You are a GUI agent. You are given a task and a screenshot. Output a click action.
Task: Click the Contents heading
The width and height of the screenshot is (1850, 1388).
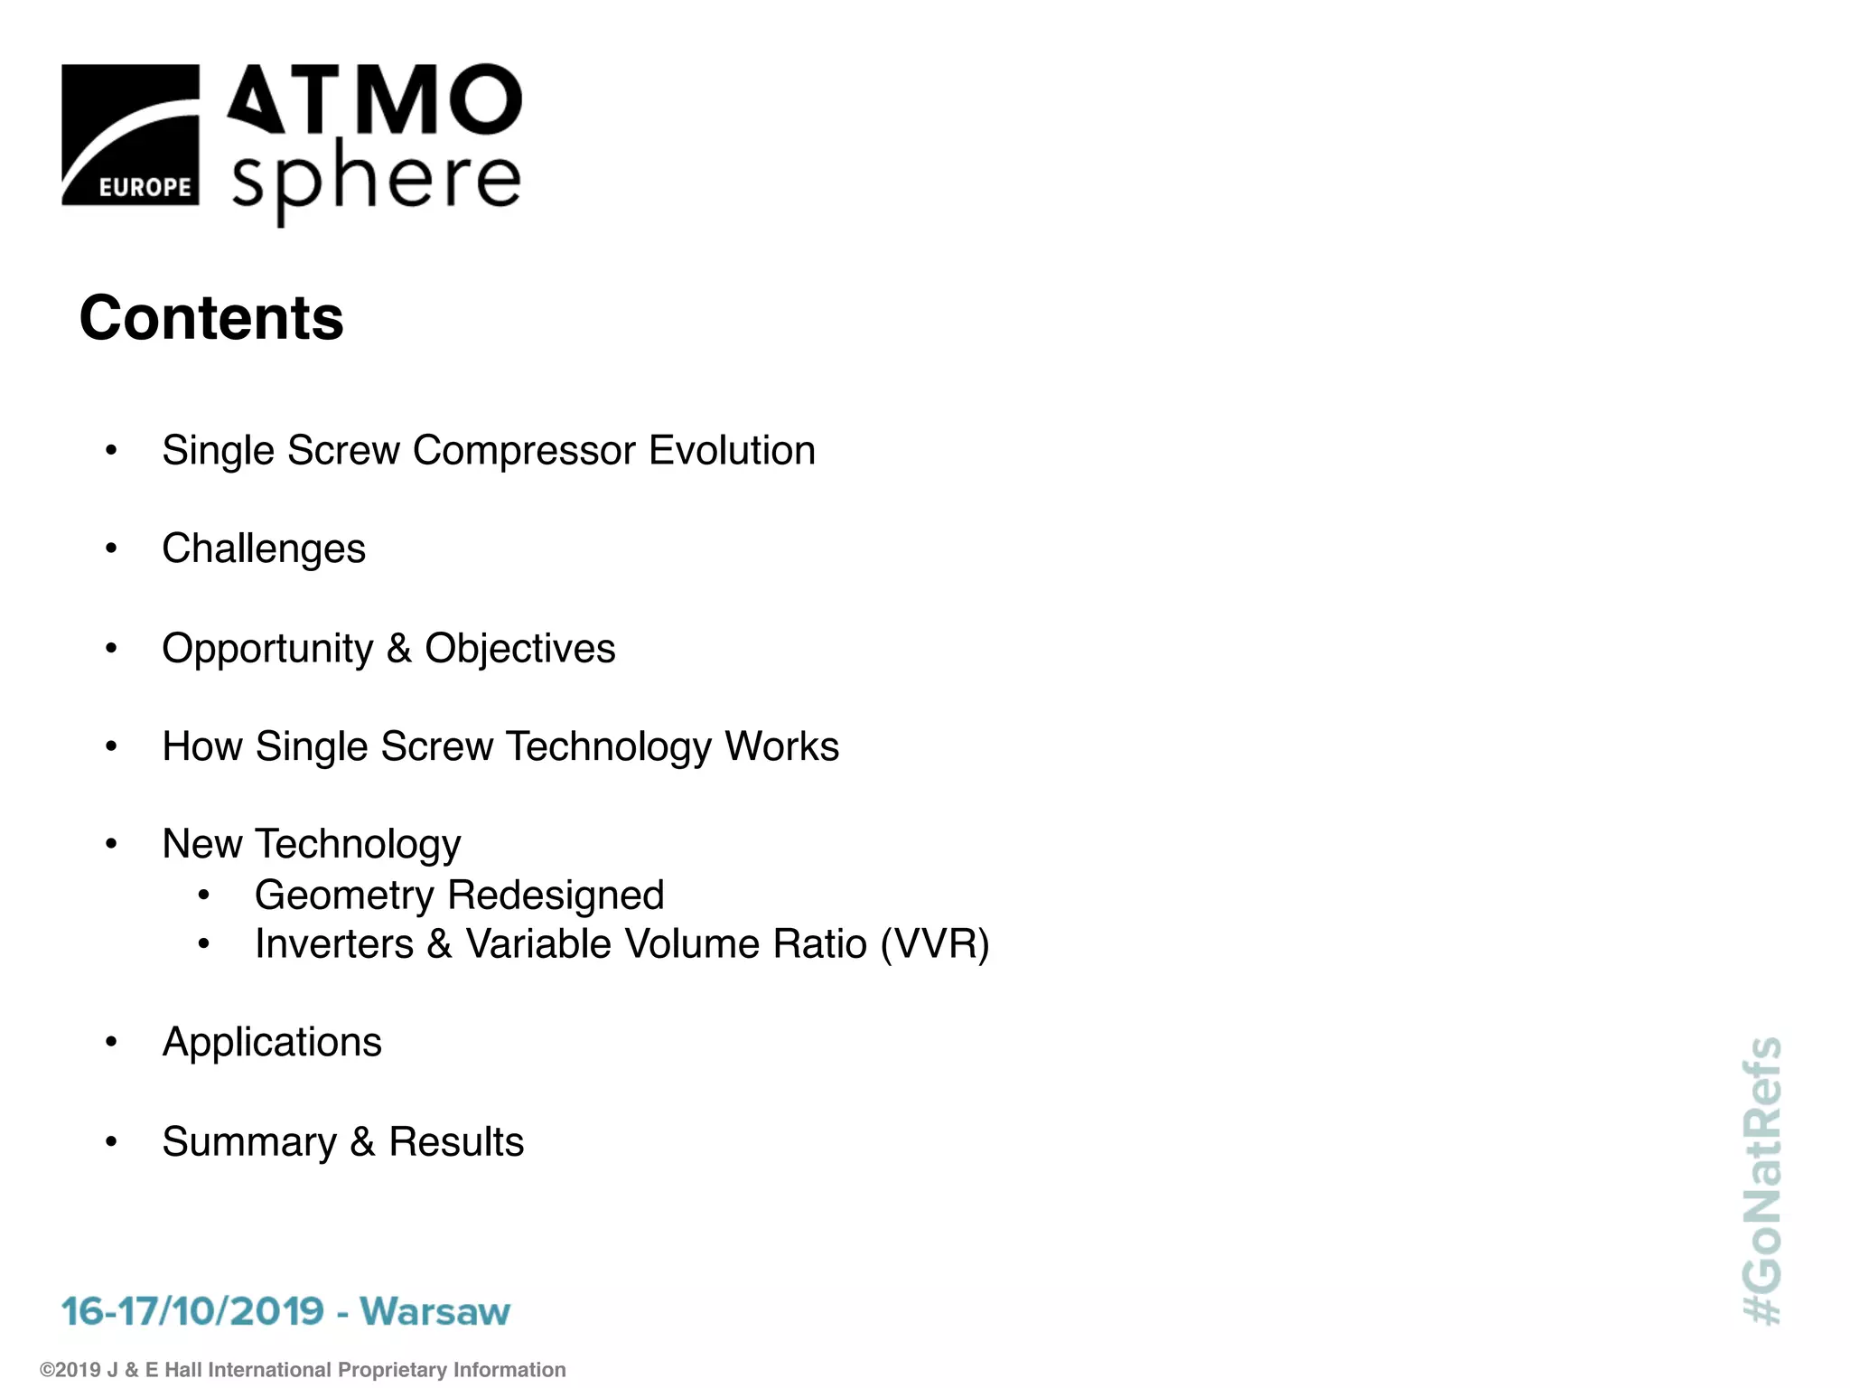(211, 318)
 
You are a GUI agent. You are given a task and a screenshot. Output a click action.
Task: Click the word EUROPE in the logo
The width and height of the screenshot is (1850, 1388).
(145, 187)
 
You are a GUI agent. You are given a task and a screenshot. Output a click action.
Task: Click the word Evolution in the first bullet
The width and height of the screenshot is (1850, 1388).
(732, 450)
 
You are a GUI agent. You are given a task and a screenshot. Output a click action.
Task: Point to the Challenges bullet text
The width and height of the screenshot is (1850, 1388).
(264, 549)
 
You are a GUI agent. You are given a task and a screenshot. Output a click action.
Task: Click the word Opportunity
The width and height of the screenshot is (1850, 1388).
(267, 649)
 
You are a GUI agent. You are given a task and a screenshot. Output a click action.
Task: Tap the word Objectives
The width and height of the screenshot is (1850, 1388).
(520, 649)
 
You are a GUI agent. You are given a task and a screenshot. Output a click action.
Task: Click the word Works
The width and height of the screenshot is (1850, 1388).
(782, 746)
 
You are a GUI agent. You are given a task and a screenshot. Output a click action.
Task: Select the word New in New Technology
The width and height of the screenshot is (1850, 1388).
(202, 844)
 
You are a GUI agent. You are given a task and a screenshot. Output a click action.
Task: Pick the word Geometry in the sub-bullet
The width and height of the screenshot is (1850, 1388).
(344, 896)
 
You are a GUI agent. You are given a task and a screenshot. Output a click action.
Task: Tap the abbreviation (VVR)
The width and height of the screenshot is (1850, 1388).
(935, 944)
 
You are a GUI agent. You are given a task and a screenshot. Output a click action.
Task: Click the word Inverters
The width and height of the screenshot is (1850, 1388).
(334, 944)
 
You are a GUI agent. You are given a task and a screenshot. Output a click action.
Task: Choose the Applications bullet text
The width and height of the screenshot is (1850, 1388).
(272, 1042)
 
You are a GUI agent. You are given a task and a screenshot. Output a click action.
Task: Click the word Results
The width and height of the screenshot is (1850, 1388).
(456, 1141)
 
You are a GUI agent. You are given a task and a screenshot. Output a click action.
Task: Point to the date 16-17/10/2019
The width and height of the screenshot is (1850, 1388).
(192, 1311)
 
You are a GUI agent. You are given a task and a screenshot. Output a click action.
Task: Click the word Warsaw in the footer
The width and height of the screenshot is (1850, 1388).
(435, 1311)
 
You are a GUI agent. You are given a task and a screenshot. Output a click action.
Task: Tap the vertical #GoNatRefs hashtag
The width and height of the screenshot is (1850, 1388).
(1762, 1180)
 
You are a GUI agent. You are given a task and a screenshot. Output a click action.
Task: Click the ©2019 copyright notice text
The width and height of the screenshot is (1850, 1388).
(303, 1370)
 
